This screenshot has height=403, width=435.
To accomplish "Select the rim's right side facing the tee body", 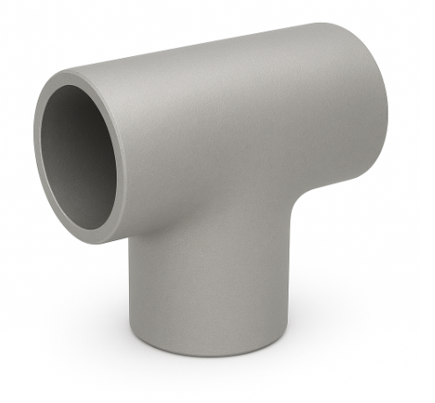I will pyautogui.click(x=125, y=166).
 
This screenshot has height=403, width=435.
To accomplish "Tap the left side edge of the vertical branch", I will pyautogui.click(x=132, y=289).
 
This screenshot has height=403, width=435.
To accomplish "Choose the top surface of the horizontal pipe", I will pyautogui.click(x=219, y=61).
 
